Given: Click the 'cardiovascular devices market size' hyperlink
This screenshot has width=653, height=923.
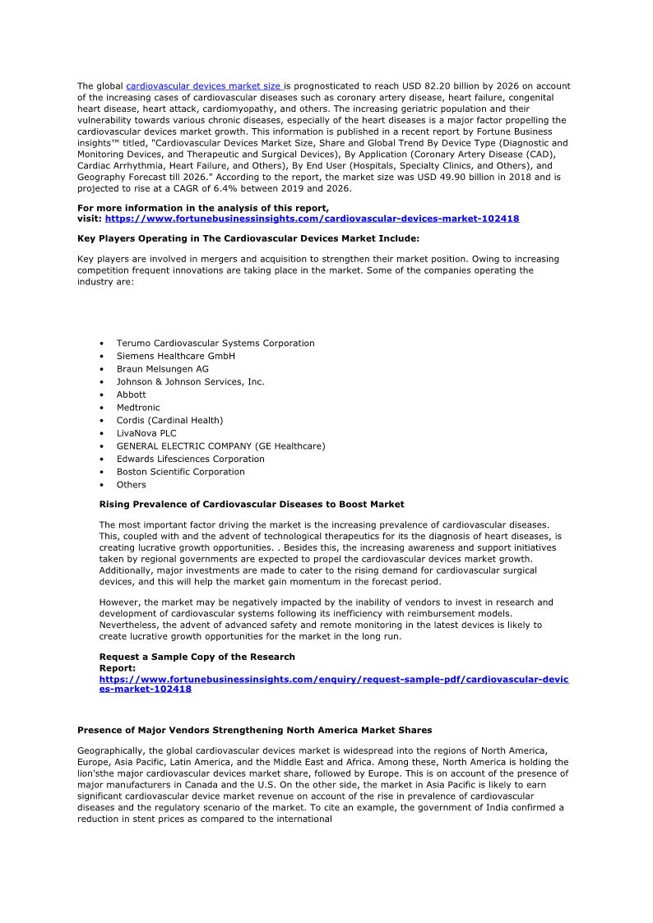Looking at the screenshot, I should tap(204, 86).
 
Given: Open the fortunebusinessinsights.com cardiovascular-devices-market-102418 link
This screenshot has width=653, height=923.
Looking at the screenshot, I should tap(312, 219).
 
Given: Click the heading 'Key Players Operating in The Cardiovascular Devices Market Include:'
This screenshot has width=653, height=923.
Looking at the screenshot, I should tap(248, 238).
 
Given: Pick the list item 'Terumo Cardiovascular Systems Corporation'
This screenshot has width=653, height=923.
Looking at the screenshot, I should tap(215, 344).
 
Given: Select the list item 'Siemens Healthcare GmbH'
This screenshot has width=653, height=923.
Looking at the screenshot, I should tap(175, 356).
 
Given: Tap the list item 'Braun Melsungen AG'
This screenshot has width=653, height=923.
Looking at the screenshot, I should tap(162, 369).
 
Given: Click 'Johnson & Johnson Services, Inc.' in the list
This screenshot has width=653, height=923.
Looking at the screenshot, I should tap(190, 382).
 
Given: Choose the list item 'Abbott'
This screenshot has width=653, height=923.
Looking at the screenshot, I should tap(131, 395).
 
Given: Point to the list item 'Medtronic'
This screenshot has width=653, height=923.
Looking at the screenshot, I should tap(138, 408).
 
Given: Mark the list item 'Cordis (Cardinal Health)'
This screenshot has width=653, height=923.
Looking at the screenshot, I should tap(169, 421).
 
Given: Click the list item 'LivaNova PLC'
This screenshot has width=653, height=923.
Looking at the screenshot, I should tap(146, 433).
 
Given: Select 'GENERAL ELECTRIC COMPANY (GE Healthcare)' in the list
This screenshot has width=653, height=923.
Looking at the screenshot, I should tap(220, 446).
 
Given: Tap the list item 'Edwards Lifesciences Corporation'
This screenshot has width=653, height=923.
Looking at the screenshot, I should tap(190, 459).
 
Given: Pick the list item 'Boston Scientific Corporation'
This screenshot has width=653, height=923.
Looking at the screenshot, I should tap(180, 472).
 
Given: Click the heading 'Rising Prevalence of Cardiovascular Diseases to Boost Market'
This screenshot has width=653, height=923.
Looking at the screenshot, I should tap(252, 505).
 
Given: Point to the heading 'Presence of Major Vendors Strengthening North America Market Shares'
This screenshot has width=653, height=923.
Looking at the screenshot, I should tap(254, 731).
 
